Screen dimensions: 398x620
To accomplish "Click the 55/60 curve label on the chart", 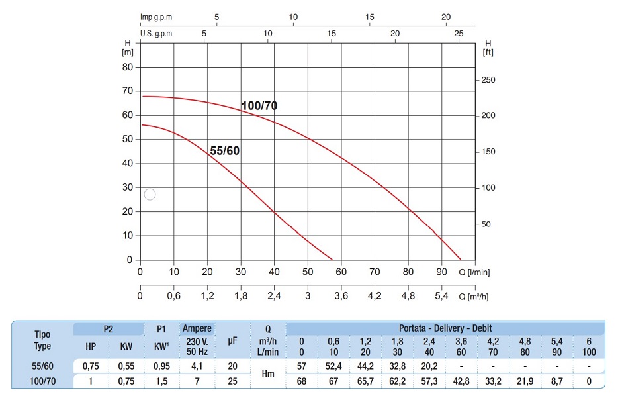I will pos(224,151).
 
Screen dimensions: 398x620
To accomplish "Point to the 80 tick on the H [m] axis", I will pos(126,67).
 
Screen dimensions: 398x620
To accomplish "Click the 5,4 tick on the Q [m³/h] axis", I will pos(442,296).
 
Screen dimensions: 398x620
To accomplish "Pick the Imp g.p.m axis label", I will pos(156,17).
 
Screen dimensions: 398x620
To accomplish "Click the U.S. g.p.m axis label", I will pos(156,33).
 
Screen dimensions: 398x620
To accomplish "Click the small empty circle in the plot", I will pos(150,194).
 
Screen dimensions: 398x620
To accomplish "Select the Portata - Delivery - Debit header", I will pos(445,328).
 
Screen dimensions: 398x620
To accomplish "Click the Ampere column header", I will pos(197,328).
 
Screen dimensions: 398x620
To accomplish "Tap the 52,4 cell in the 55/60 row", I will pos(333,366).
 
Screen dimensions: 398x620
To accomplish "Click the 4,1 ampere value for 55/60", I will pos(197,366).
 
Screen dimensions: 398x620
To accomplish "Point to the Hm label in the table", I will pos(268,373).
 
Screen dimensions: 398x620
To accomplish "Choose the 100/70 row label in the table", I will pos(42,381).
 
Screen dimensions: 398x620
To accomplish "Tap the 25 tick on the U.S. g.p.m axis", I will pos(459,33).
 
